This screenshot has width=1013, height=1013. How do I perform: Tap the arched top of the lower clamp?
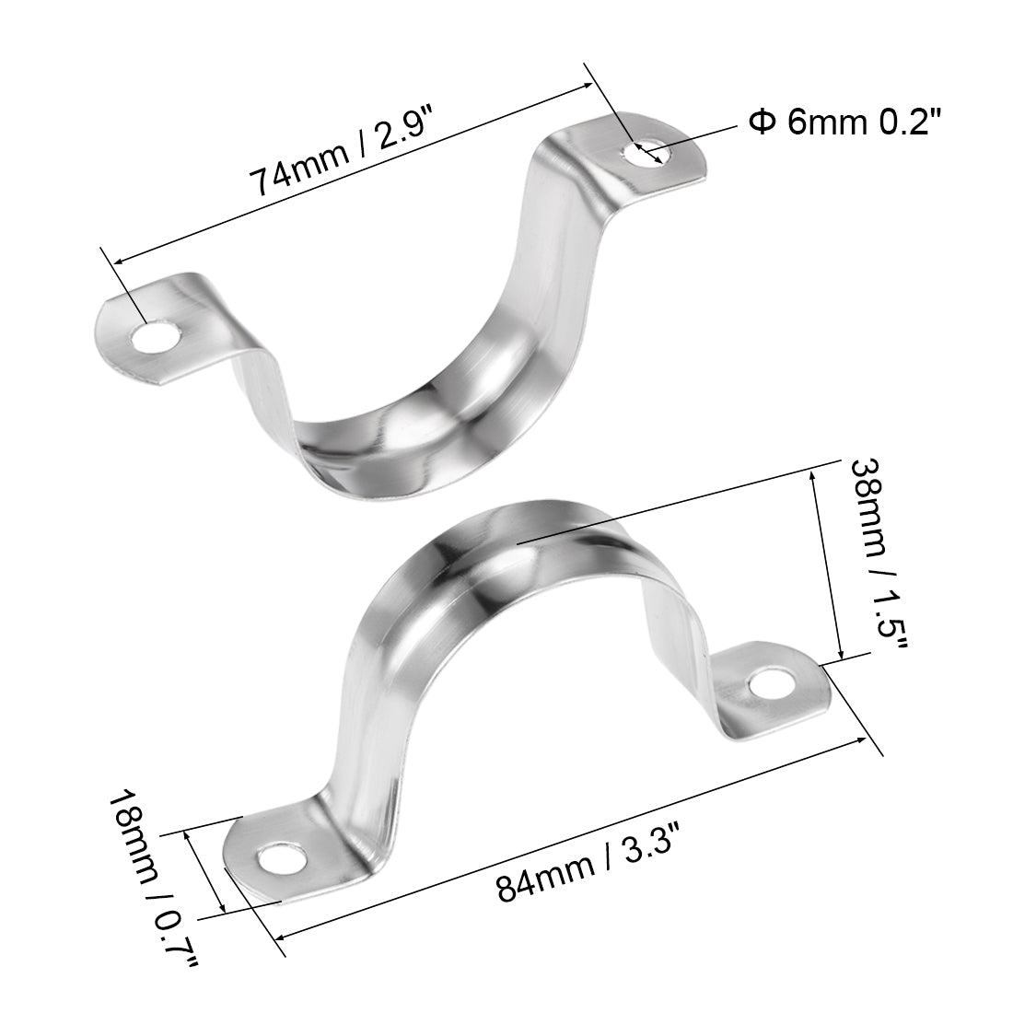click(x=516, y=543)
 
